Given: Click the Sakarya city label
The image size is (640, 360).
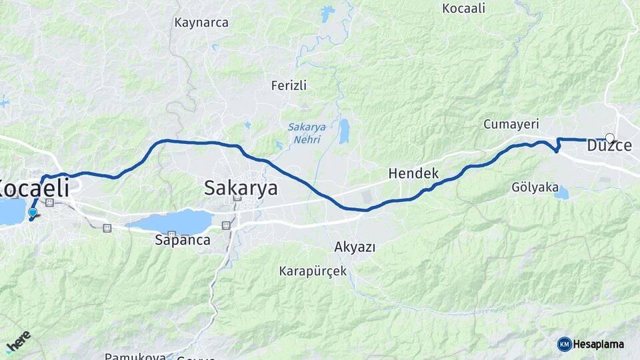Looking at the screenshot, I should (241, 188).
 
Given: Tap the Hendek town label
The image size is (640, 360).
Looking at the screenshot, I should (413, 173).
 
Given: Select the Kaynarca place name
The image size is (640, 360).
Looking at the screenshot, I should (201, 22).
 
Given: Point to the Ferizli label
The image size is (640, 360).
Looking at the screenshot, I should (289, 85).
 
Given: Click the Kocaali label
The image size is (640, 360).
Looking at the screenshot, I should (464, 9).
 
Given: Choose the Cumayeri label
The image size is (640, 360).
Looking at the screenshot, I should (511, 125).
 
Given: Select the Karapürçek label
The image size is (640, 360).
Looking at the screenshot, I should (313, 272).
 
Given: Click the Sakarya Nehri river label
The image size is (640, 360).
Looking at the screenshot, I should (304, 133).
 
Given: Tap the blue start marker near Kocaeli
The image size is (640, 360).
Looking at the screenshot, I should (32, 213).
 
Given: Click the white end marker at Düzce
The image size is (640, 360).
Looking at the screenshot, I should (609, 139).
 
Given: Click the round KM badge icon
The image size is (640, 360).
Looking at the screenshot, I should (564, 344).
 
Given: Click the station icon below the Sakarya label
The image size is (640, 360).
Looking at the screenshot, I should (235, 198).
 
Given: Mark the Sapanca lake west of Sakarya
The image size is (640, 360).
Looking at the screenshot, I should (177, 222).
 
